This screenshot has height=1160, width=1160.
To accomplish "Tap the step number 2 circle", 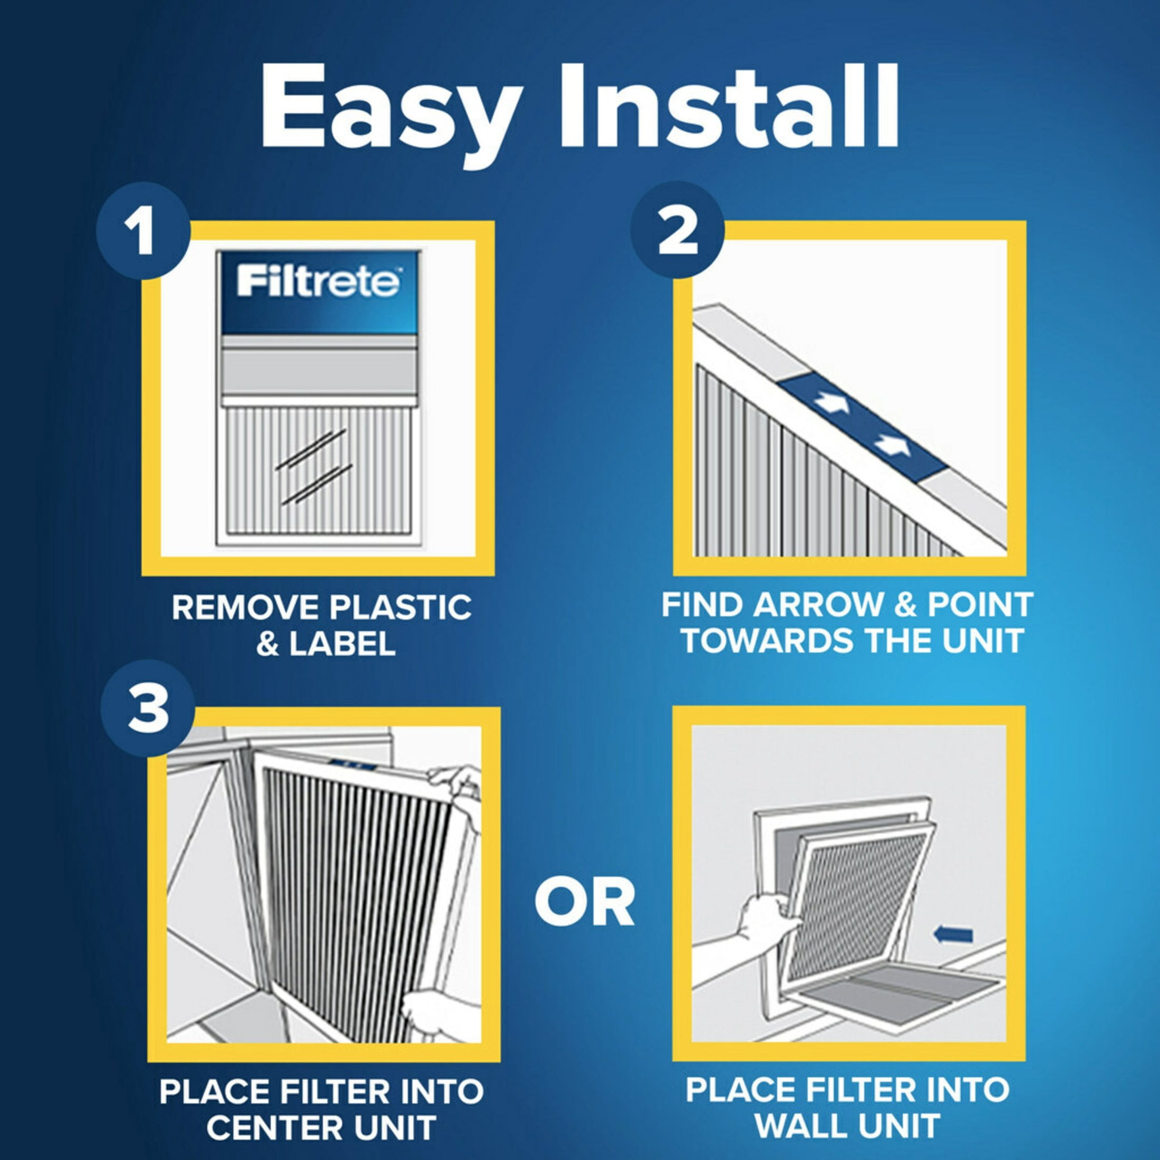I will coord(677,233).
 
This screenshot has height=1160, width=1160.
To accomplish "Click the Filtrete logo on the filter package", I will coord(317,282).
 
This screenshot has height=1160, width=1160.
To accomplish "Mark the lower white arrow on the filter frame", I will coord(892,445).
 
